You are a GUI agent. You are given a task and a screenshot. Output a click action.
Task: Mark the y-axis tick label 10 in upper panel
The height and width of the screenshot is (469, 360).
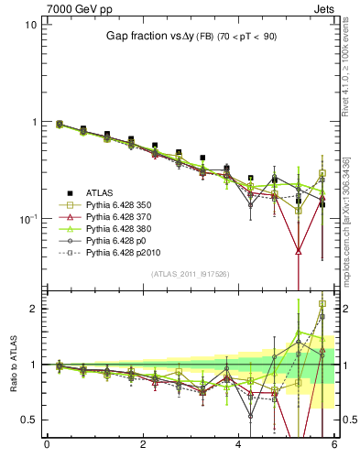point(30,25)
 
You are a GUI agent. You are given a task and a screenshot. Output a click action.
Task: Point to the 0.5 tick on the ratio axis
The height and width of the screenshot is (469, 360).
point(28,420)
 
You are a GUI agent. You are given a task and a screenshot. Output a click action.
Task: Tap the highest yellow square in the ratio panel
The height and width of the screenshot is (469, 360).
point(322,303)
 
